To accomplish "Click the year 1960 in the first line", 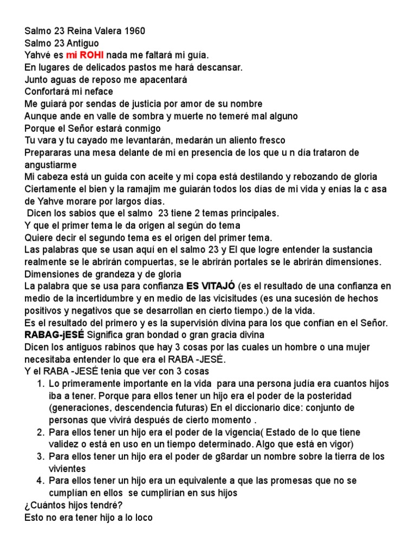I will click(x=133, y=31).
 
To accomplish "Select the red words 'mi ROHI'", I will click(x=85, y=55).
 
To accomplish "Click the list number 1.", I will click(x=40, y=383).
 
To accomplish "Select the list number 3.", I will click(x=40, y=456).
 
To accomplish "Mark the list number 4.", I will click(x=40, y=481).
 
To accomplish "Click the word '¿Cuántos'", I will click(x=44, y=505).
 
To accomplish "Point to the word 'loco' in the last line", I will click(x=143, y=517).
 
